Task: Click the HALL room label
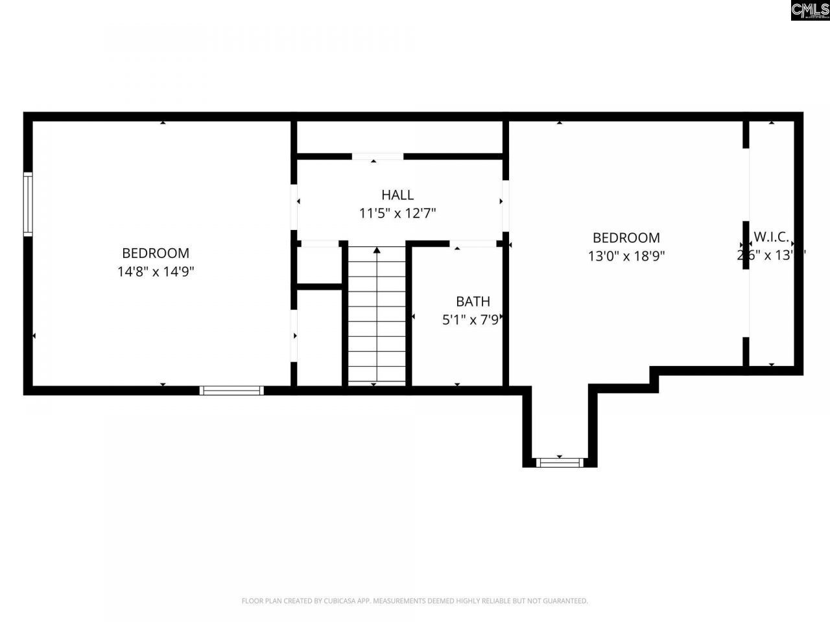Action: click(397, 194)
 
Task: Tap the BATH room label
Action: click(473, 301)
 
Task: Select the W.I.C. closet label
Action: click(771, 237)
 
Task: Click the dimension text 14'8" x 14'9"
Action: click(156, 271)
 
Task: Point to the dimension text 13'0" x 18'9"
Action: click(626, 256)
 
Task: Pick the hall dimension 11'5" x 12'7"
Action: click(397, 213)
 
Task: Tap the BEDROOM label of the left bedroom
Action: click(156, 253)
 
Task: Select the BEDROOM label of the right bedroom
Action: click(626, 238)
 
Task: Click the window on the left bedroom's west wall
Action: click(28, 204)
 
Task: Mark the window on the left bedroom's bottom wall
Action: click(231, 390)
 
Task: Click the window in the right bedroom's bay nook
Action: click(560, 462)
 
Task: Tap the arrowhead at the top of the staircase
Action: click(377, 249)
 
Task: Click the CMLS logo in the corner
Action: click(810, 10)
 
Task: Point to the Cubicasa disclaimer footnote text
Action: click(415, 601)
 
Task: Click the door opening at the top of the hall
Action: click(377, 156)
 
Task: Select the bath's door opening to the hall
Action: click(473, 244)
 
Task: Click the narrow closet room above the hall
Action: click(399, 137)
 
